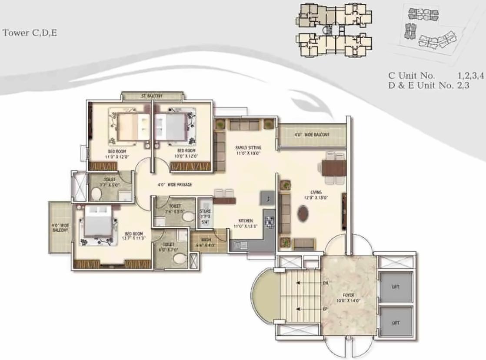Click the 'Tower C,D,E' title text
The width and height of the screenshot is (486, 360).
[30, 33]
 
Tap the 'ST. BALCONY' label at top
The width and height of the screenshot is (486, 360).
[152, 96]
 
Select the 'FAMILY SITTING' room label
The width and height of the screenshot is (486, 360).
[248, 150]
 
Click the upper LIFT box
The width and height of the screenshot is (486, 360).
[395, 287]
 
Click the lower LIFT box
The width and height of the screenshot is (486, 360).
[395, 323]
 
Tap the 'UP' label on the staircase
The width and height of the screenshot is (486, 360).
[325, 309]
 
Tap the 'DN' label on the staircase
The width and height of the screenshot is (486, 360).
[325, 283]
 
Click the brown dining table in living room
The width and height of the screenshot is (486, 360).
[334, 167]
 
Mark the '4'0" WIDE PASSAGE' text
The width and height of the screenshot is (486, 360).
[174, 185]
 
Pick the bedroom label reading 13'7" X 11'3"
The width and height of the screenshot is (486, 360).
[134, 236]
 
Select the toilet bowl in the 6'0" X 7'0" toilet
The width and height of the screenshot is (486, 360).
[179, 259]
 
